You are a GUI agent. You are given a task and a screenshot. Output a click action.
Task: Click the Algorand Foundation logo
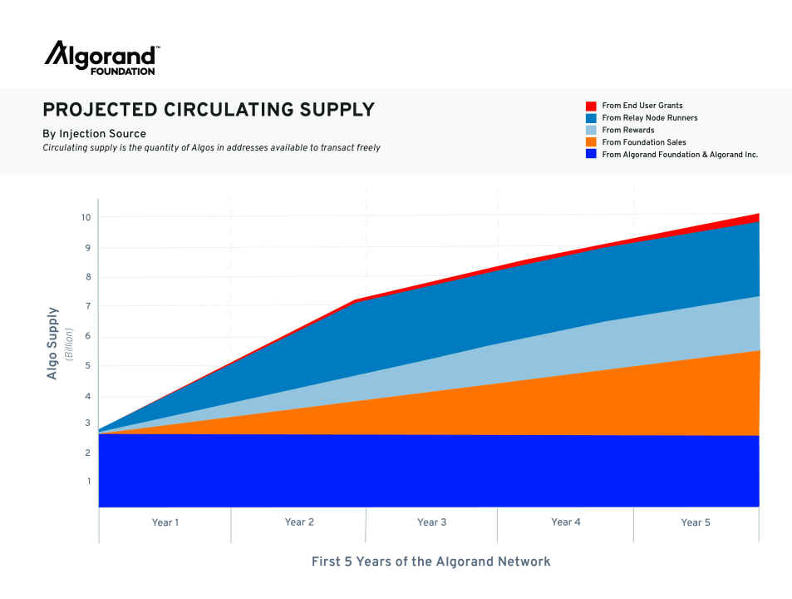pyautogui.click(x=101, y=58)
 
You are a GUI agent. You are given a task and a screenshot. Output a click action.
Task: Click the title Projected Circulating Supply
pyautogui.click(x=209, y=110)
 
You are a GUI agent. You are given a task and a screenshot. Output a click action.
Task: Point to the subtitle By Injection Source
pyautogui.click(x=94, y=134)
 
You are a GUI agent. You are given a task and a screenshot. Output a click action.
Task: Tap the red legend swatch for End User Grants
pyautogui.click(x=591, y=106)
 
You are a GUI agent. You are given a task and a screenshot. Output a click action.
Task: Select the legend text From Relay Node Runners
pyautogui.click(x=649, y=118)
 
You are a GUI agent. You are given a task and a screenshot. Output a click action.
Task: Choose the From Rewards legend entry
pyautogui.click(x=627, y=130)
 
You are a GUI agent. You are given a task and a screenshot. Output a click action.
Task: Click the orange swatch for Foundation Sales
pyautogui.click(x=591, y=142)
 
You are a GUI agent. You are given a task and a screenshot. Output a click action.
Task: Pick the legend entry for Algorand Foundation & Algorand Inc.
pyautogui.click(x=679, y=155)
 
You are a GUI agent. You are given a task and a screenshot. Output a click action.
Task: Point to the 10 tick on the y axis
pyautogui.click(x=86, y=218)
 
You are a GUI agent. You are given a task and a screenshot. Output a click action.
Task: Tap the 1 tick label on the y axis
pyautogui.click(x=86, y=481)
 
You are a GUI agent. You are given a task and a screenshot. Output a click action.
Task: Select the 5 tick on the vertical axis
pyautogui.click(x=86, y=366)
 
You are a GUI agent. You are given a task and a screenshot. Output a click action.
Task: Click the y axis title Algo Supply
pyautogui.click(x=53, y=344)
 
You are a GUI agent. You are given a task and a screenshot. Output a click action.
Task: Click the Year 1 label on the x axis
pyautogui.click(x=165, y=522)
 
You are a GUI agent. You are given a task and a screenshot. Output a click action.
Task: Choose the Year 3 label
pyautogui.click(x=431, y=522)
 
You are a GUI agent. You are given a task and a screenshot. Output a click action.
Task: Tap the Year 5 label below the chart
pyautogui.click(x=696, y=522)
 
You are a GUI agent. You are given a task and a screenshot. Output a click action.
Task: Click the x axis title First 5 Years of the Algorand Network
pyautogui.click(x=430, y=562)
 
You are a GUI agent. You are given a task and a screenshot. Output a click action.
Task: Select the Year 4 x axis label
pyautogui.click(x=565, y=522)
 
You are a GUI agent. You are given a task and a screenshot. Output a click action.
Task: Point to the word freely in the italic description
pyautogui.click(x=366, y=148)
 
